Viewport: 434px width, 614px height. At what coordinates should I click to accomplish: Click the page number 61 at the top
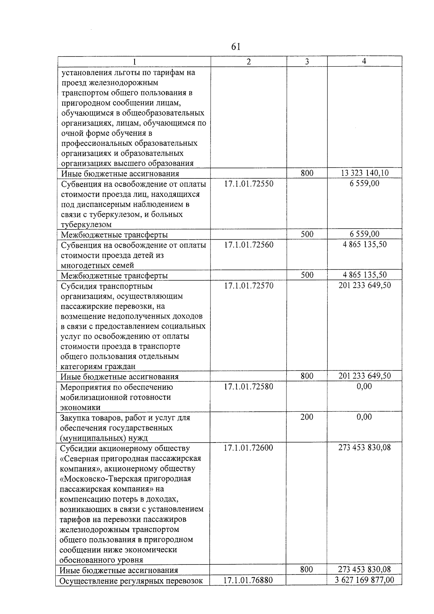click(235, 47)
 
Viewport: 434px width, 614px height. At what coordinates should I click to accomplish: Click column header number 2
click(248, 62)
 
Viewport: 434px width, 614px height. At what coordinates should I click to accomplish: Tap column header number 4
click(364, 61)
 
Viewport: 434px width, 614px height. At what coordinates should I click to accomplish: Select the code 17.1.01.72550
click(248, 183)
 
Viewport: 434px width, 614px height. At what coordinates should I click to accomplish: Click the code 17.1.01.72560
click(248, 245)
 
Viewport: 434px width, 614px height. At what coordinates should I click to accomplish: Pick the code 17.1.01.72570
click(248, 285)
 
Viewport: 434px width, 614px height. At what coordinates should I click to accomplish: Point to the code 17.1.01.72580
click(248, 386)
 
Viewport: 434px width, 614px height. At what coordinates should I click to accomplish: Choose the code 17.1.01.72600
click(248, 448)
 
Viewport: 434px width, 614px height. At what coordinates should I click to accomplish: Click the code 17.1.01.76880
click(248, 580)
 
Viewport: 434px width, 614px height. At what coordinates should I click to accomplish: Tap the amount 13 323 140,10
click(365, 173)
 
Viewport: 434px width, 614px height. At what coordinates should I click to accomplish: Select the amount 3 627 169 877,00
click(365, 580)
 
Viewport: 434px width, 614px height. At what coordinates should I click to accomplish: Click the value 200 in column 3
click(307, 417)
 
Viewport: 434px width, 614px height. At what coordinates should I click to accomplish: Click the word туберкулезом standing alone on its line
click(86, 225)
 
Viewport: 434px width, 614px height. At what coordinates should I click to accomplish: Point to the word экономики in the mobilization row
click(80, 407)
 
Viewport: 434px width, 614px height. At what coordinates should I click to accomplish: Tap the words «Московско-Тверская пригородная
click(125, 479)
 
